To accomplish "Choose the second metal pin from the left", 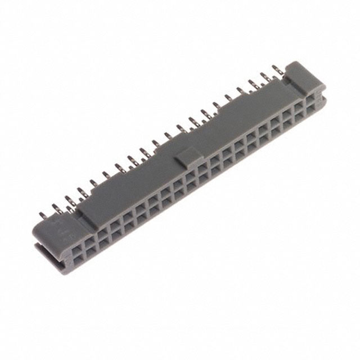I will (x=57, y=209).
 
